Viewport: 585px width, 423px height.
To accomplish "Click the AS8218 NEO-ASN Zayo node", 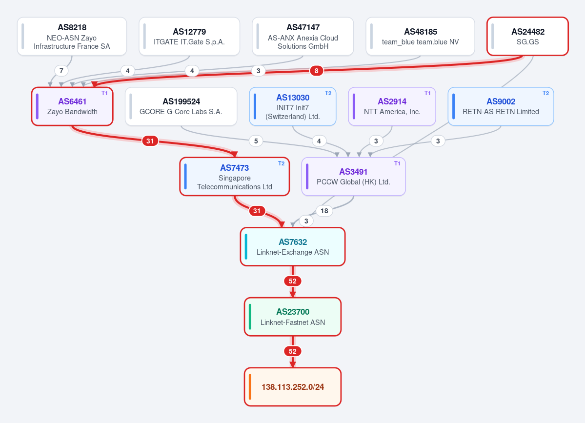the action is (72, 36).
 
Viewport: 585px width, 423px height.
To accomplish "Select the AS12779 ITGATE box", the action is (189, 36).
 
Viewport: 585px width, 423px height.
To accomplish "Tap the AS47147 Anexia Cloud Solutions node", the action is (303, 36).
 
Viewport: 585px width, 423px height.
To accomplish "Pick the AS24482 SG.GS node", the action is (527, 36).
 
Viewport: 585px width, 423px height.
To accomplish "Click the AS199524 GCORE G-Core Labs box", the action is (181, 106).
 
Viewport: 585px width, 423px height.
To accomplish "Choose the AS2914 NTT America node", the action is (392, 106).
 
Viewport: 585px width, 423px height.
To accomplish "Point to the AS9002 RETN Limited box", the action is (501, 106).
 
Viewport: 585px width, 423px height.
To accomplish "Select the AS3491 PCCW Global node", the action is (353, 177).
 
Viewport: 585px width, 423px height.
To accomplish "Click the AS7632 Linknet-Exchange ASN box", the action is (293, 246).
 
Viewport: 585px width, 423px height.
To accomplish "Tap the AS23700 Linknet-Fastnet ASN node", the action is (293, 317).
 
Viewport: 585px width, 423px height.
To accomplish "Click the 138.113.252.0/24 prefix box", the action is (293, 387).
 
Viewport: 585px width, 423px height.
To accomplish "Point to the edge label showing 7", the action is (61, 70).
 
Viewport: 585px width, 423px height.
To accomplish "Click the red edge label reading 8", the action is (316, 70).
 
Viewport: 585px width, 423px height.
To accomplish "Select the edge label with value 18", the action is (324, 211).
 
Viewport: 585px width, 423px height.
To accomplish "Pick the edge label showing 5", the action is (256, 141).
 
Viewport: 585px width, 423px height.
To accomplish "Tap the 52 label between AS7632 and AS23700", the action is (293, 281).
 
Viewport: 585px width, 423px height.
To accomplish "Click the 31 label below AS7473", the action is (257, 211).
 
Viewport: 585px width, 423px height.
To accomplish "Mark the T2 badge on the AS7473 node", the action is (282, 163).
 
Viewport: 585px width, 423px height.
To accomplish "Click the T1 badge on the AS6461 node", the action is (104, 93).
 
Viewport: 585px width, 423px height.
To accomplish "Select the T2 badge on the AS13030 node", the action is (328, 93).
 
